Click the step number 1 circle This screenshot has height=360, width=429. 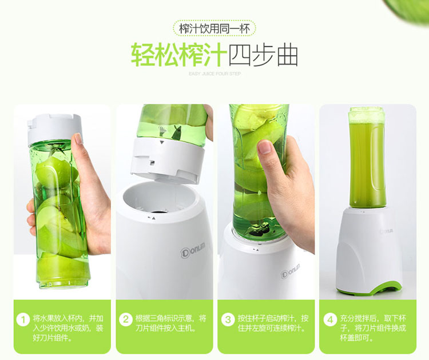coord(23,320)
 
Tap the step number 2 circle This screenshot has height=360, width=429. coord(126,319)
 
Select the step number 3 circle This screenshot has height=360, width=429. coord(228,319)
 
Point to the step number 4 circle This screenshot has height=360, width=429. coord(330,319)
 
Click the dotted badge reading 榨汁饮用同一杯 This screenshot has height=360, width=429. coord(214,29)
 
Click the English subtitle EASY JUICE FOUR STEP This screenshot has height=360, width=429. coord(214,74)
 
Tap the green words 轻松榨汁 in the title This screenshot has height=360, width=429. coord(179,54)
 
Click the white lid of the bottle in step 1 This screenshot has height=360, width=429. coord(54,129)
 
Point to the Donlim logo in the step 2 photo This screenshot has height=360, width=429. coord(193,250)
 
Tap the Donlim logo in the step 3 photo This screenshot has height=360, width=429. coord(290,271)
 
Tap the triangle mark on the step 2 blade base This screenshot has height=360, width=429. coord(162,142)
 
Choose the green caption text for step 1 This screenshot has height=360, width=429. coord(68,328)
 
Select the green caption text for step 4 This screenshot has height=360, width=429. coord(373,328)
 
